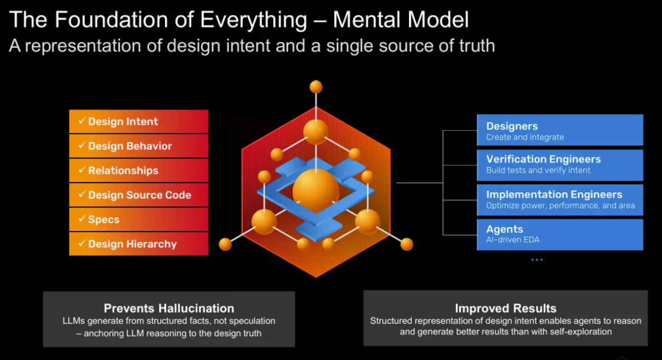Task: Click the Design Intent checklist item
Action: click(138, 122)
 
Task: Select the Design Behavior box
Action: click(138, 146)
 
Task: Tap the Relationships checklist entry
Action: click(138, 171)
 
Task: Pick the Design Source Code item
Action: click(138, 195)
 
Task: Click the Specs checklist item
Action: click(138, 220)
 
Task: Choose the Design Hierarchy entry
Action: click(138, 244)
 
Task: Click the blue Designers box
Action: click(560, 130)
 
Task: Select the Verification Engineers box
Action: click(560, 165)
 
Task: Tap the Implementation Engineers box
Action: click(560, 200)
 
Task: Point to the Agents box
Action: click(560, 234)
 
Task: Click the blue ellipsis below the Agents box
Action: click(537, 259)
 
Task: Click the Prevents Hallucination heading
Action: click(169, 309)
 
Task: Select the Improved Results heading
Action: click(505, 309)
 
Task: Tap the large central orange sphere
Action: click(316, 191)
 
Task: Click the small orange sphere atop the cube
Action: click(316, 87)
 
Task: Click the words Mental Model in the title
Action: click(401, 20)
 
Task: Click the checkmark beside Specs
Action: click(82, 219)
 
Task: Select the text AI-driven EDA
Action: click(512, 240)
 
